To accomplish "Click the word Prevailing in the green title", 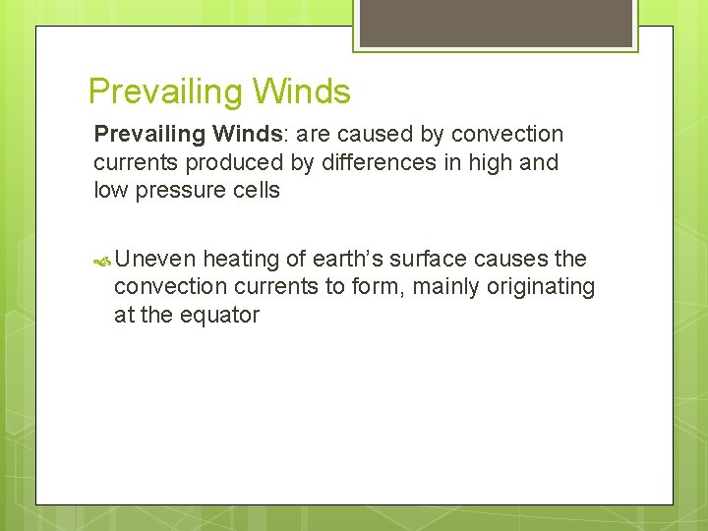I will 165,91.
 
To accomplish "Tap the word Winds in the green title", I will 301,91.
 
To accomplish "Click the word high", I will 486,162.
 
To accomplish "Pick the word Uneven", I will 155,259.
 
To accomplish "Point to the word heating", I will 241,259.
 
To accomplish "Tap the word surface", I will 430,259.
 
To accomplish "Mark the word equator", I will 221,316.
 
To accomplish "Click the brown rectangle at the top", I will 495,23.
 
